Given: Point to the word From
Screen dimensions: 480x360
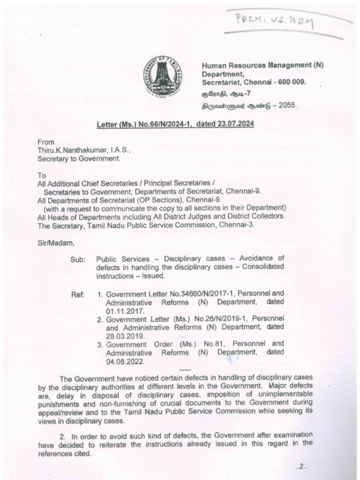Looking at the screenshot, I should point(46,142).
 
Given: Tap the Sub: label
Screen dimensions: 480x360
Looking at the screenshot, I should point(78,259).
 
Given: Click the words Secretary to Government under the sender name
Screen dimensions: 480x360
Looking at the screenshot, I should point(79,158).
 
